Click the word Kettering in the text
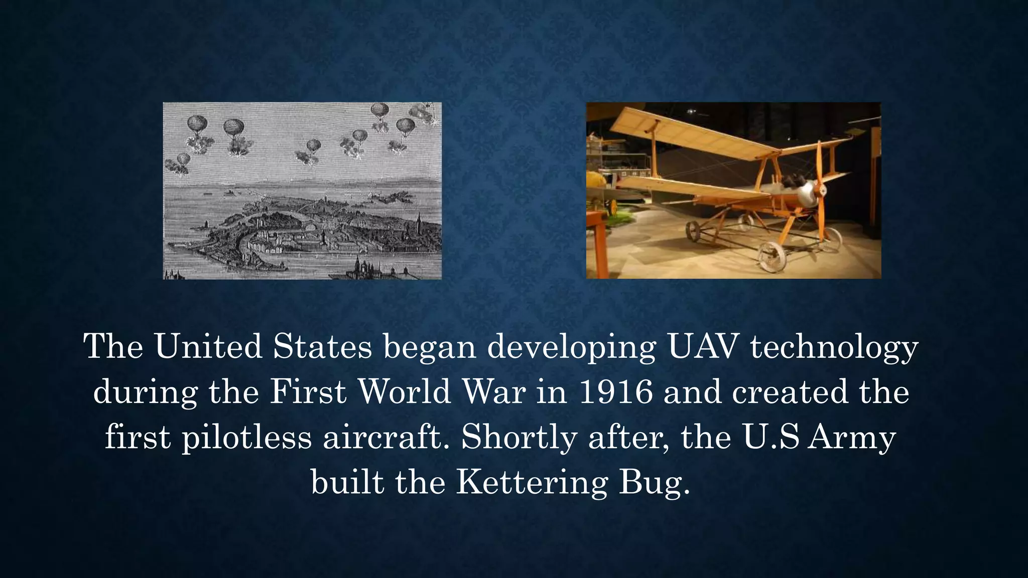point(531,483)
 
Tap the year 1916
point(616,392)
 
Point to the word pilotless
point(246,438)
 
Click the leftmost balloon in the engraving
point(183,160)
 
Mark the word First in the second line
point(308,392)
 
